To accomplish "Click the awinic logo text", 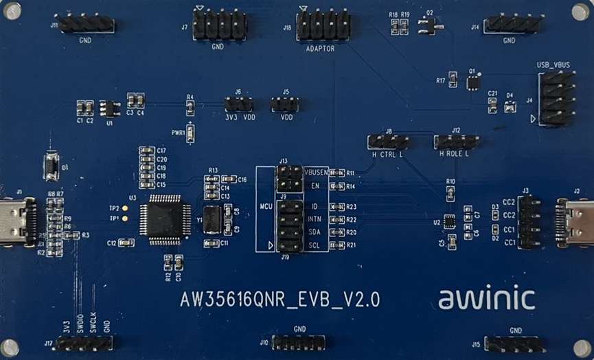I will tap(486, 298).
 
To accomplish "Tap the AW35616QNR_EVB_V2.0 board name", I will tap(279, 300).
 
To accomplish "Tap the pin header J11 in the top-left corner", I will tap(86, 25).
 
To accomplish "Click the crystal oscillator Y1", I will tap(212, 220).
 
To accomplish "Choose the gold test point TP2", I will tap(125, 207).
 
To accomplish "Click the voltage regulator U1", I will tap(108, 108).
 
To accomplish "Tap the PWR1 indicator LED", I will tap(190, 133).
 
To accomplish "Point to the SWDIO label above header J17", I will tap(80, 323).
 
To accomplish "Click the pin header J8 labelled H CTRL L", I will tap(388, 142).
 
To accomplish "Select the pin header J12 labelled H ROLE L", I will tap(456, 142).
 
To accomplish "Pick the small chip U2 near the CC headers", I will tap(449, 221).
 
